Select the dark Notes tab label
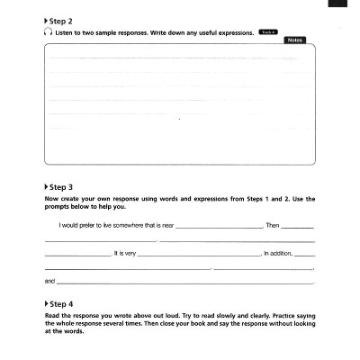click(x=293, y=40)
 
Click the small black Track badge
click(x=267, y=31)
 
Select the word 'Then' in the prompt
click(x=273, y=225)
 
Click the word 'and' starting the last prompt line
click(x=49, y=282)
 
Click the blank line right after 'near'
click(x=219, y=227)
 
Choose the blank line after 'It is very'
click(x=198, y=256)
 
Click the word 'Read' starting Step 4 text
click(x=51, y=316)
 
